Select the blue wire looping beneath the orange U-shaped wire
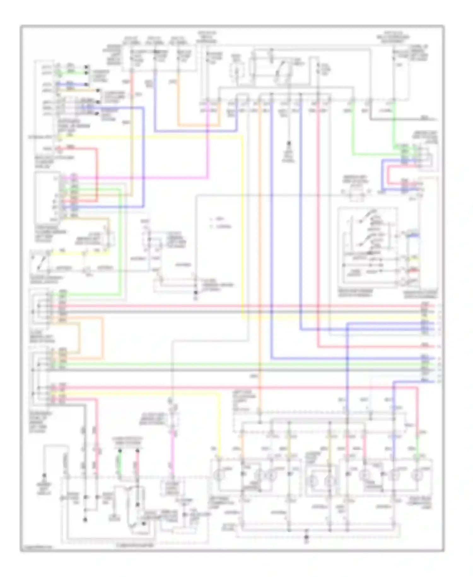(196, 131)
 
